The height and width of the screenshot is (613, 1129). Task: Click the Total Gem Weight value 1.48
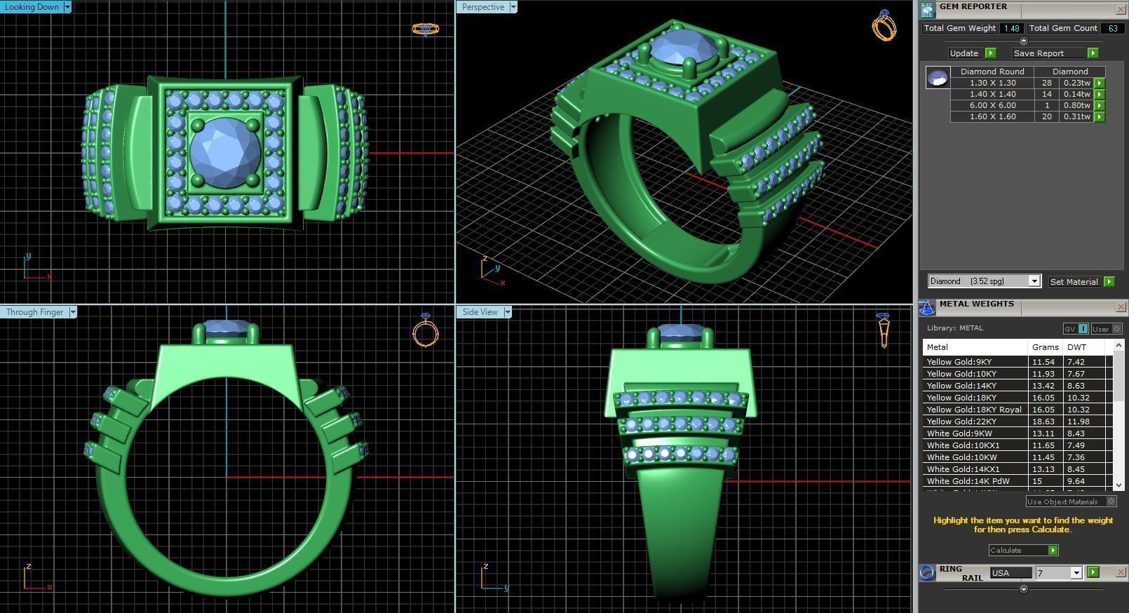click(x=1011, y=28)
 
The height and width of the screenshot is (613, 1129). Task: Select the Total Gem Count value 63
click(x=1112, y=28)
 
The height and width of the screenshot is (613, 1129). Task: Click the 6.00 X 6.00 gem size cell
click(x=992, y=105)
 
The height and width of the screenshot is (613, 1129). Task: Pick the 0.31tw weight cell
click(x=1076, y=116)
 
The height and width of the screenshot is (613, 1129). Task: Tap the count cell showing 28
click(x=1047, y=83)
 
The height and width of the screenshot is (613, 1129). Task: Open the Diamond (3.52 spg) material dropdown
click(x=1034, y=281)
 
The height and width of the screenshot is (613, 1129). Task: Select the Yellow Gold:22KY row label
click(x=961, y=422)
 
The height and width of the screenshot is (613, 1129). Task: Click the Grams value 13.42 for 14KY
click(x=1043, y=386)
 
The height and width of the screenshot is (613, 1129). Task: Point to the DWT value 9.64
click(x=1076, y=481)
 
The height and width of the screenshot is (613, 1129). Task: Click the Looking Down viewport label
click(x=32, y=7)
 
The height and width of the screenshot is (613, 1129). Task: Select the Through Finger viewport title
click(x=34, y=312)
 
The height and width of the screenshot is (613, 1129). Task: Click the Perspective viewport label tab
click(x=482, y=7)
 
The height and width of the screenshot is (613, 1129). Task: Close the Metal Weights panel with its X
click(x=1121, y=306)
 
